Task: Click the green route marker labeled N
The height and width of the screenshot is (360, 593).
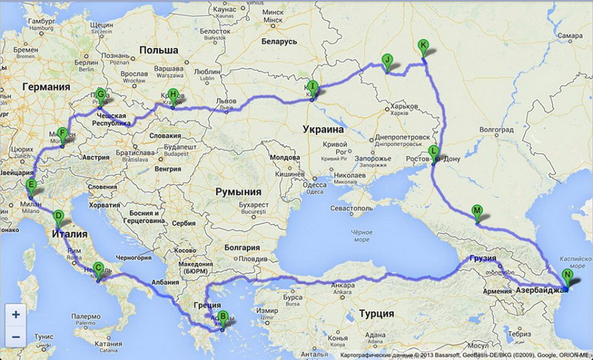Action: click(x=568, y=276)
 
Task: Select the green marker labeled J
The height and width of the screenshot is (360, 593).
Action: click(x=386, y=61)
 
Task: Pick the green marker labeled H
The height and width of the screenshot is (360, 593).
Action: click(x=173, y=95)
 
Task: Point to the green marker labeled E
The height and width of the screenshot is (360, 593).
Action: click(x=31, y=185)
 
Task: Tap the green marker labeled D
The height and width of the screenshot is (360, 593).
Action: click(x=59, y=217)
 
